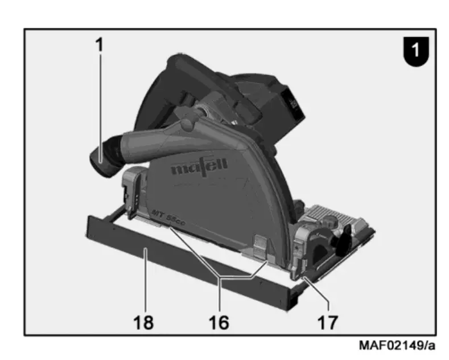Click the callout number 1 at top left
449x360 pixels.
[x=99, y=44]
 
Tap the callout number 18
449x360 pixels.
[x=143, y=322]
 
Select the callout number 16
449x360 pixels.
[x=219, y=322]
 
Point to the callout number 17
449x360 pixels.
[x=328, y=322]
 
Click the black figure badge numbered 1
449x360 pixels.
[x=416, y=51]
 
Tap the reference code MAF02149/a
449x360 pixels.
[x=397, y=345]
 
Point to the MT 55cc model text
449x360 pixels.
[x=168, y=218]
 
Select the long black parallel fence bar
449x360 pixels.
[x=192, y=264]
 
